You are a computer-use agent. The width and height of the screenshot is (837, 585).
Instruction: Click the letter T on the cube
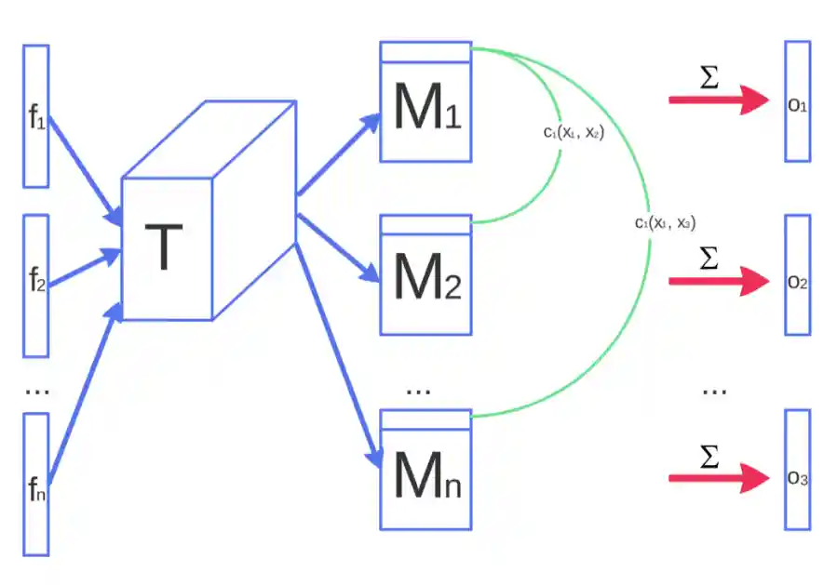coord(164,246)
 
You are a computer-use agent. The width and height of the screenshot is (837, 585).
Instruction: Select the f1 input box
coord(36,116)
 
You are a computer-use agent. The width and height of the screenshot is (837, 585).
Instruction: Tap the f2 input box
coord(36,286)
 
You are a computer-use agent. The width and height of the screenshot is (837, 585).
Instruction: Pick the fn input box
coord(36,485)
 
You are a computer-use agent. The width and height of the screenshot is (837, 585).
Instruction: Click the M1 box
coord(426,101)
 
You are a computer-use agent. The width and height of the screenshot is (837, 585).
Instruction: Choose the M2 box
coord(426,274)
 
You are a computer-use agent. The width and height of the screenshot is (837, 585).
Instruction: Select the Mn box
coord(426,470)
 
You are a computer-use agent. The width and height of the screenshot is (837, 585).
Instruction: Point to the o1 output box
coord(798,101)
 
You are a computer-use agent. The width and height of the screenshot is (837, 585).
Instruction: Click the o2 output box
coord(798,274)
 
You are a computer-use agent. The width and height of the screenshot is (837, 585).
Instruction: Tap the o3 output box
coord(798,470)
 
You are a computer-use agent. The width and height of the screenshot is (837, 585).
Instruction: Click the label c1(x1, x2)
coord(574,132)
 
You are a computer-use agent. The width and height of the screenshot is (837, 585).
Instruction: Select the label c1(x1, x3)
coord(665,222)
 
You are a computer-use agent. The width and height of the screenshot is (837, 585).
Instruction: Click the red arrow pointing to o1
coord(719,100)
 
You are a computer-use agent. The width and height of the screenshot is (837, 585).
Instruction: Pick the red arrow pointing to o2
coord(719,281)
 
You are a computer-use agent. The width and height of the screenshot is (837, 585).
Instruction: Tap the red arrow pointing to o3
coord(719,478)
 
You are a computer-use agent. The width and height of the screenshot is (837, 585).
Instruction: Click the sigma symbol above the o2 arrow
coord(709,258)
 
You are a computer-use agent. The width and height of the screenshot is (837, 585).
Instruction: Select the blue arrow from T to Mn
coord(338,355)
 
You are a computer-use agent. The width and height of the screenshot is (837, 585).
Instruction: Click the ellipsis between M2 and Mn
coord(418,392)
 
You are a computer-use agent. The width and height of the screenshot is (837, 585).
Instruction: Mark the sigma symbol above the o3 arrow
coord(709,457)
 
